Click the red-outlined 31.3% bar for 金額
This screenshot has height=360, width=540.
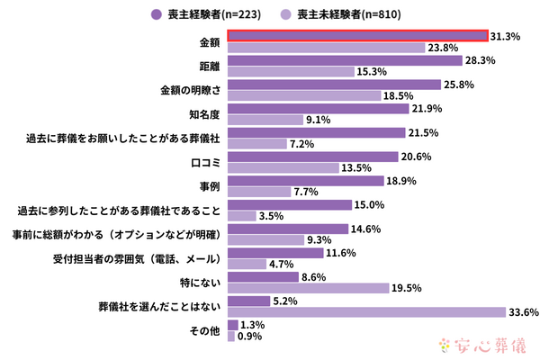[358, 36]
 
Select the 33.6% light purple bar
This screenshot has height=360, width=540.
[366, 312]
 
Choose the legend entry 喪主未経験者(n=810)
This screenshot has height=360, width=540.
[345, 13]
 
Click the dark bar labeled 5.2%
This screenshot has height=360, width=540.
[248, 301]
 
